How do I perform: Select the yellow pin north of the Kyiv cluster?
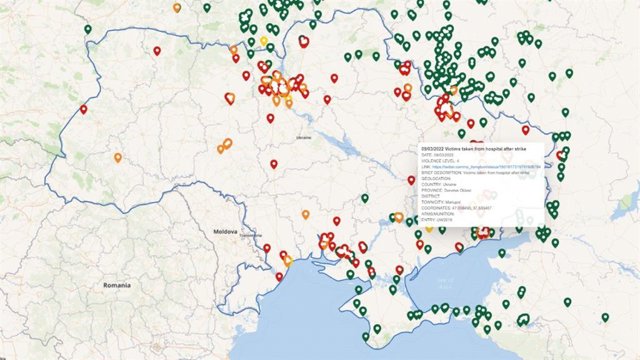265,42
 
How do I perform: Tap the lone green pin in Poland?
88,30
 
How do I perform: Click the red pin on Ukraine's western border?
83,109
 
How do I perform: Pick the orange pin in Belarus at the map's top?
177,8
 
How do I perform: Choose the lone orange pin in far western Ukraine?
117,157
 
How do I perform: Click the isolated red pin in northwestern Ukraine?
156,50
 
